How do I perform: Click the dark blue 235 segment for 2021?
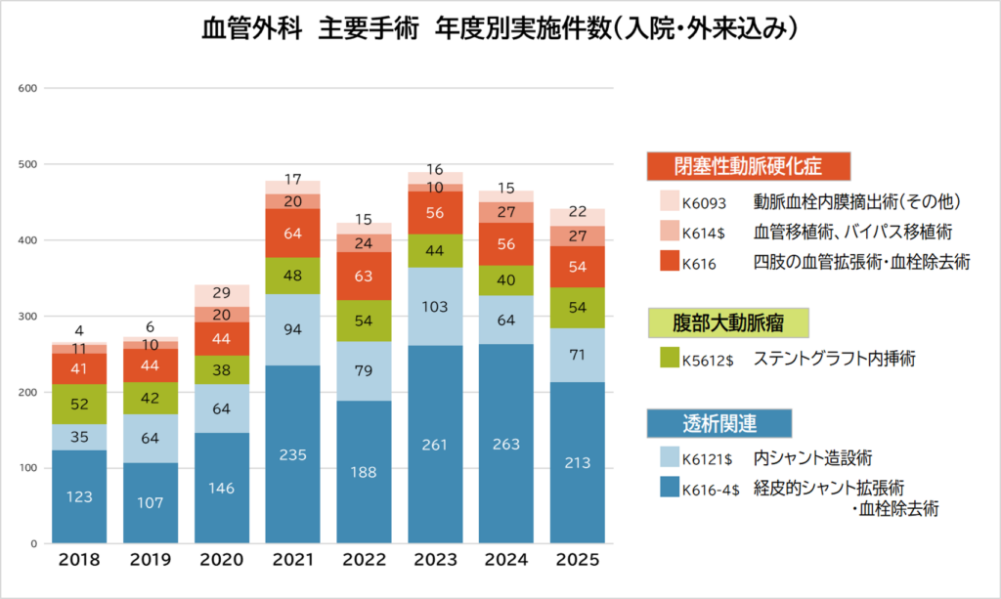pyautogui.click(x=292, y=454)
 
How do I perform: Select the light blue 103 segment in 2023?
pyautogui.click(x=435, y=306)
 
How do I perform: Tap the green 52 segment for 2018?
pyautogui.click(x=79, y=404)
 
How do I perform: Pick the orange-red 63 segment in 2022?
pyautogui.click(x=364, y=276)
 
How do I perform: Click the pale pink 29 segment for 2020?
pyautogui.click(x=222, y=296)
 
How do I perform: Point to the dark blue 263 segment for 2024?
pyautogui.click(x=506, y=444)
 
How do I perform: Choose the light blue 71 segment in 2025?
pyautogui.click(x=578, y=355)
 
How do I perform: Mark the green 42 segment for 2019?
pyautogui.click(x=150, y=398)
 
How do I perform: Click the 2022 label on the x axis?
pyautogui.click(x=364, y=560)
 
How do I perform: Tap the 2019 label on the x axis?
pyautogui.click(x=150, y=560)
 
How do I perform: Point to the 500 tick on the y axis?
pyautogui.click(x=27, y=164)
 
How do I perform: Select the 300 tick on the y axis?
pyautogui.click(x=27, y=317)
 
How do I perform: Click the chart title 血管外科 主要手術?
pyautogui.click(x=310, y=28)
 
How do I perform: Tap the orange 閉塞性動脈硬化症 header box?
pyautogui.click(x=748, y=166)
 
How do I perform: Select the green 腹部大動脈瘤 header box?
pyautogui.click(x=727, y=322)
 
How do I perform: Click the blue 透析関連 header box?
pyautogui.click(x=719, y=423)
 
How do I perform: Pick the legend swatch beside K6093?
pyautogui.click(x=670, y=201)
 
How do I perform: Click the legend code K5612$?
pyautogui.click(x=708, y=361)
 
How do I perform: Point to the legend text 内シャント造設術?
pyautogui.click(x=812, y=458)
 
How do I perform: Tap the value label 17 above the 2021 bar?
pyautogui.click(x=293, y=179)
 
